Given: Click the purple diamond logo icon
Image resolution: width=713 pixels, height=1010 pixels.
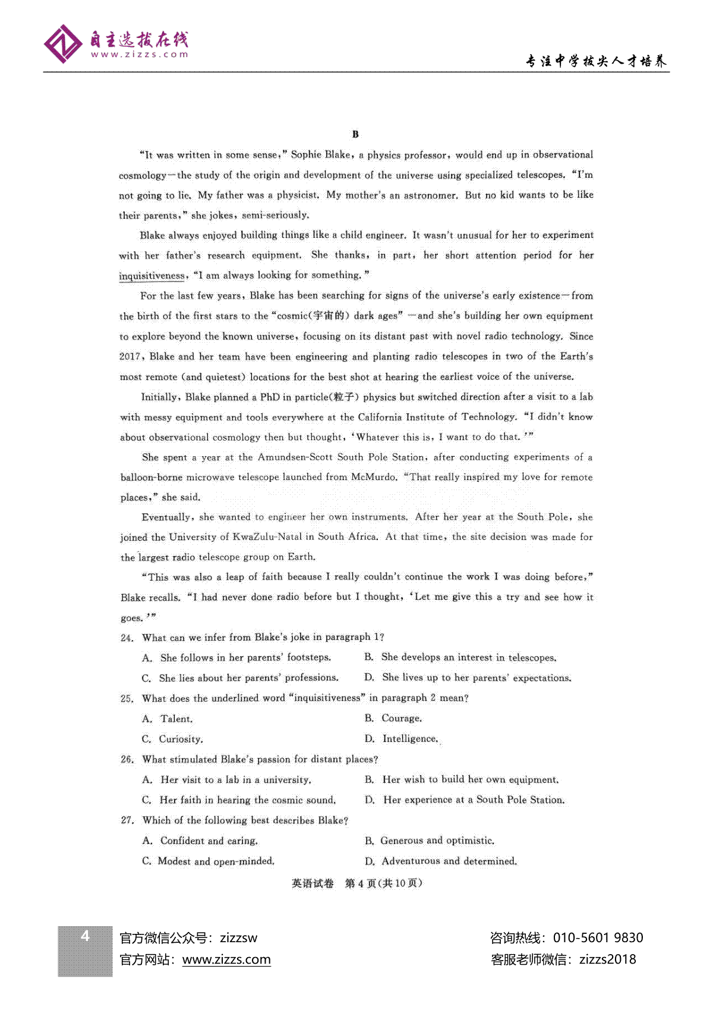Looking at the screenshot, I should pyautogui.click(x=63, y=43).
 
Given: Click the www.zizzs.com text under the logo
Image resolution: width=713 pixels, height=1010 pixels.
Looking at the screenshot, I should pyautogui.click(x=139, y=55).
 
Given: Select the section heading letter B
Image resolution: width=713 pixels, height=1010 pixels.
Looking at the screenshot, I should pyautogui.click(x=355, y=134).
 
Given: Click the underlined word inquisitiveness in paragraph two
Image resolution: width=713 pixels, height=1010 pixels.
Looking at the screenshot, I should pyautogui.click(x=152, y=275).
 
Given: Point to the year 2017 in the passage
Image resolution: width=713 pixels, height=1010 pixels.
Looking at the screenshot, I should pyautogui.click(x=130, y=356).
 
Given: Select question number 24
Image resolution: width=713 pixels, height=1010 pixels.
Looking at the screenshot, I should pyautogui.click(x=127, y=638).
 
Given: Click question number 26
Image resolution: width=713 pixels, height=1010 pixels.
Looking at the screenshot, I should pyautogui.click(x=127, y=760).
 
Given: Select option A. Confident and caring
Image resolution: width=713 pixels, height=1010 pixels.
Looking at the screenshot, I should pyautogui.click(x=200, y=840).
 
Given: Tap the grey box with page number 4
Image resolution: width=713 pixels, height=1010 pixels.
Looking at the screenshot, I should pyautogui.click(x=85, y=951).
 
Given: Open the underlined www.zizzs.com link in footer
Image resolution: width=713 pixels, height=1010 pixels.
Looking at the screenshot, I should pyautogui.click(x=226, y=959).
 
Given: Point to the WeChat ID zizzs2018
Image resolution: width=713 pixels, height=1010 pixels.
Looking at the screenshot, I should pyautogui.click(x=607, y=959).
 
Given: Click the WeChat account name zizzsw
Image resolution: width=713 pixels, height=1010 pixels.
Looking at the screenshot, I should pyautogui.click(x=239, y=938).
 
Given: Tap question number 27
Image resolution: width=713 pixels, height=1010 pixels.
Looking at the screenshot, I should pyautogui.click(x=127, y=820).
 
